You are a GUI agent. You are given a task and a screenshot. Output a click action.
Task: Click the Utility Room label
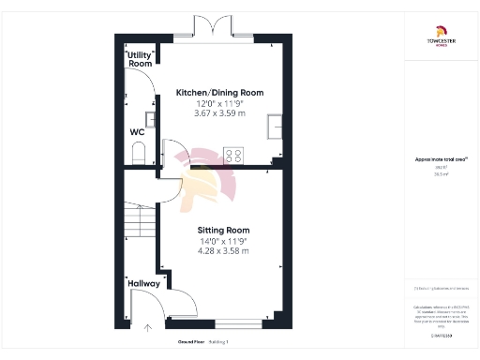pos(141,58)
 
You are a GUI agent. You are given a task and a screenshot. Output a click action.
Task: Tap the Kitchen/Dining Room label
pos(220,93)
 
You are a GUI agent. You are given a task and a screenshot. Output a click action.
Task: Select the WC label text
pos(137,132)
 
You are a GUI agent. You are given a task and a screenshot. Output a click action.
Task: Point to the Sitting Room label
pos(222,230)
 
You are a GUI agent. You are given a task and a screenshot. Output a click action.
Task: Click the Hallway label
pos(138,283)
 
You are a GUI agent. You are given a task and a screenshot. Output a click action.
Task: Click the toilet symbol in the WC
pos(139,153)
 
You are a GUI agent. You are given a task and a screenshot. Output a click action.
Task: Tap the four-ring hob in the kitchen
pos(233,157)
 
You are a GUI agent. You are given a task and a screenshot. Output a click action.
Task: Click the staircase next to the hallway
pos(139,221)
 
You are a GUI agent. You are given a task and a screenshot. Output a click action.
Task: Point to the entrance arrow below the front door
pos(147,328)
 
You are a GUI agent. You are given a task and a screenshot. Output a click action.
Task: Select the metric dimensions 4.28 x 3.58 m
pos(222,253)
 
